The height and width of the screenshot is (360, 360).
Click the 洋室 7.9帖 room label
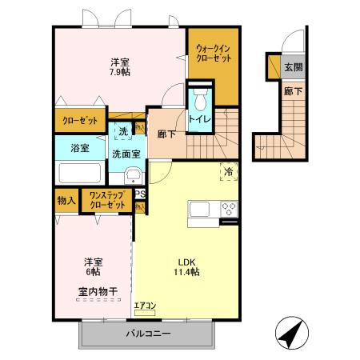pos(120,66)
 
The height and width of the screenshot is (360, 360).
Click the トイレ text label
pos(200,120)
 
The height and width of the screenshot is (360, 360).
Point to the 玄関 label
pos(294,67)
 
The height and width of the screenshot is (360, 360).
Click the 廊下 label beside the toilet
pos(167,135)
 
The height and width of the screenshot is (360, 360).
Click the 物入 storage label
pos(66,200)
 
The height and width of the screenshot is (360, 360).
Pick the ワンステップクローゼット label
pos(107,200)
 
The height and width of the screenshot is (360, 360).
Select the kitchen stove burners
pos(228,209)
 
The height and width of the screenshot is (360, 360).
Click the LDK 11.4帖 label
pos(188,267)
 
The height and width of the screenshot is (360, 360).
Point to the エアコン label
pos(145,304)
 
